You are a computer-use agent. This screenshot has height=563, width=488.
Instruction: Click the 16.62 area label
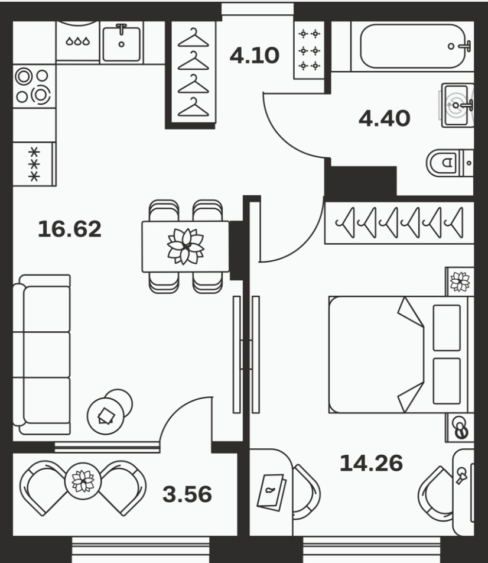point(70,229)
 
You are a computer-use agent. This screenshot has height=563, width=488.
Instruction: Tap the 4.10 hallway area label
point(255,56)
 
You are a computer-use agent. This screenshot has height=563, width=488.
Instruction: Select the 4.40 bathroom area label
point(384,118)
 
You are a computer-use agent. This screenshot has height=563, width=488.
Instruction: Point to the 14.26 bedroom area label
point(371,463)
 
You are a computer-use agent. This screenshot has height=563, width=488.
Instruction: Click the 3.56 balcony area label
point(187,494)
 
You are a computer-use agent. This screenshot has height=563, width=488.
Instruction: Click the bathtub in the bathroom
point(412,46)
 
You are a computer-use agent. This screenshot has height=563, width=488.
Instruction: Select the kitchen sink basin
point(121,43)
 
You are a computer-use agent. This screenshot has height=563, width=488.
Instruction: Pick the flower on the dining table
point(186,246)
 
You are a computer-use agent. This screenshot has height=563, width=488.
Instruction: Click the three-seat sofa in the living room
point(41,355)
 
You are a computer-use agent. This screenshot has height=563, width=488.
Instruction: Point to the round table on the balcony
point(83,481)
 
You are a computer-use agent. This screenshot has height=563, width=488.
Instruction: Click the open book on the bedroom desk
point(272,491)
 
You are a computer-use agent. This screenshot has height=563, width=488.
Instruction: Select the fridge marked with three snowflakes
point(34,164)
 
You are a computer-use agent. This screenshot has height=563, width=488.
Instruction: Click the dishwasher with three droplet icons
point(77,42)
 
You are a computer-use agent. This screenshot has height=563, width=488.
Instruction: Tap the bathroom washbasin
point(457,105)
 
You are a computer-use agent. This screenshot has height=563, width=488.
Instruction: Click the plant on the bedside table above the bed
point(460,281)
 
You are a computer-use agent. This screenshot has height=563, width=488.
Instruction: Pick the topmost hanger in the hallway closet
point(193,38)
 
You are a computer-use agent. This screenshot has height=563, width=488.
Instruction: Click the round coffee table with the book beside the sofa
point(106,416)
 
